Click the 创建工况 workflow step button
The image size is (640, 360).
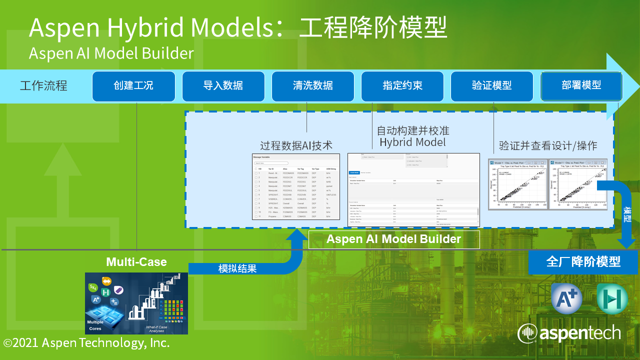coord(133,86)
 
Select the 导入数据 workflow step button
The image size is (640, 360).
coord(223,86)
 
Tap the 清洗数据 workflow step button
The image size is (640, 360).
coord(312,86)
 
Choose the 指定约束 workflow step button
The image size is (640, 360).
coord(402,86)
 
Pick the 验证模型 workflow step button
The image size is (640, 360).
coord(492,86)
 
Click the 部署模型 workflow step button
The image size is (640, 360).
coord(581,86)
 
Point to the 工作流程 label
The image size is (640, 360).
coord(43,85)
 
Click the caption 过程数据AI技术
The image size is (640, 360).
coord(296,145)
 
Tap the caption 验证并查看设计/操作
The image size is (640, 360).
coord(548,146)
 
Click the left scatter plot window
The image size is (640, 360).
coord(517,184)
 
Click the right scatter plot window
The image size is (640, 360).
coord(578,184)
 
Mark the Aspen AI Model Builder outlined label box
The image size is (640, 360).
coord(394,239)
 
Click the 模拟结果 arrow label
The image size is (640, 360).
coord(237,268)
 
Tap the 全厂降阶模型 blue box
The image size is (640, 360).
coord(583,262)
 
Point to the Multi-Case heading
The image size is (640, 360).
coord(136,262)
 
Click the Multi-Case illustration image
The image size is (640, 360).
coord(136,303)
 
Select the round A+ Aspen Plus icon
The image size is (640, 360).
coord(567,298)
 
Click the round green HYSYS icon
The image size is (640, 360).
coord(612,298)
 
